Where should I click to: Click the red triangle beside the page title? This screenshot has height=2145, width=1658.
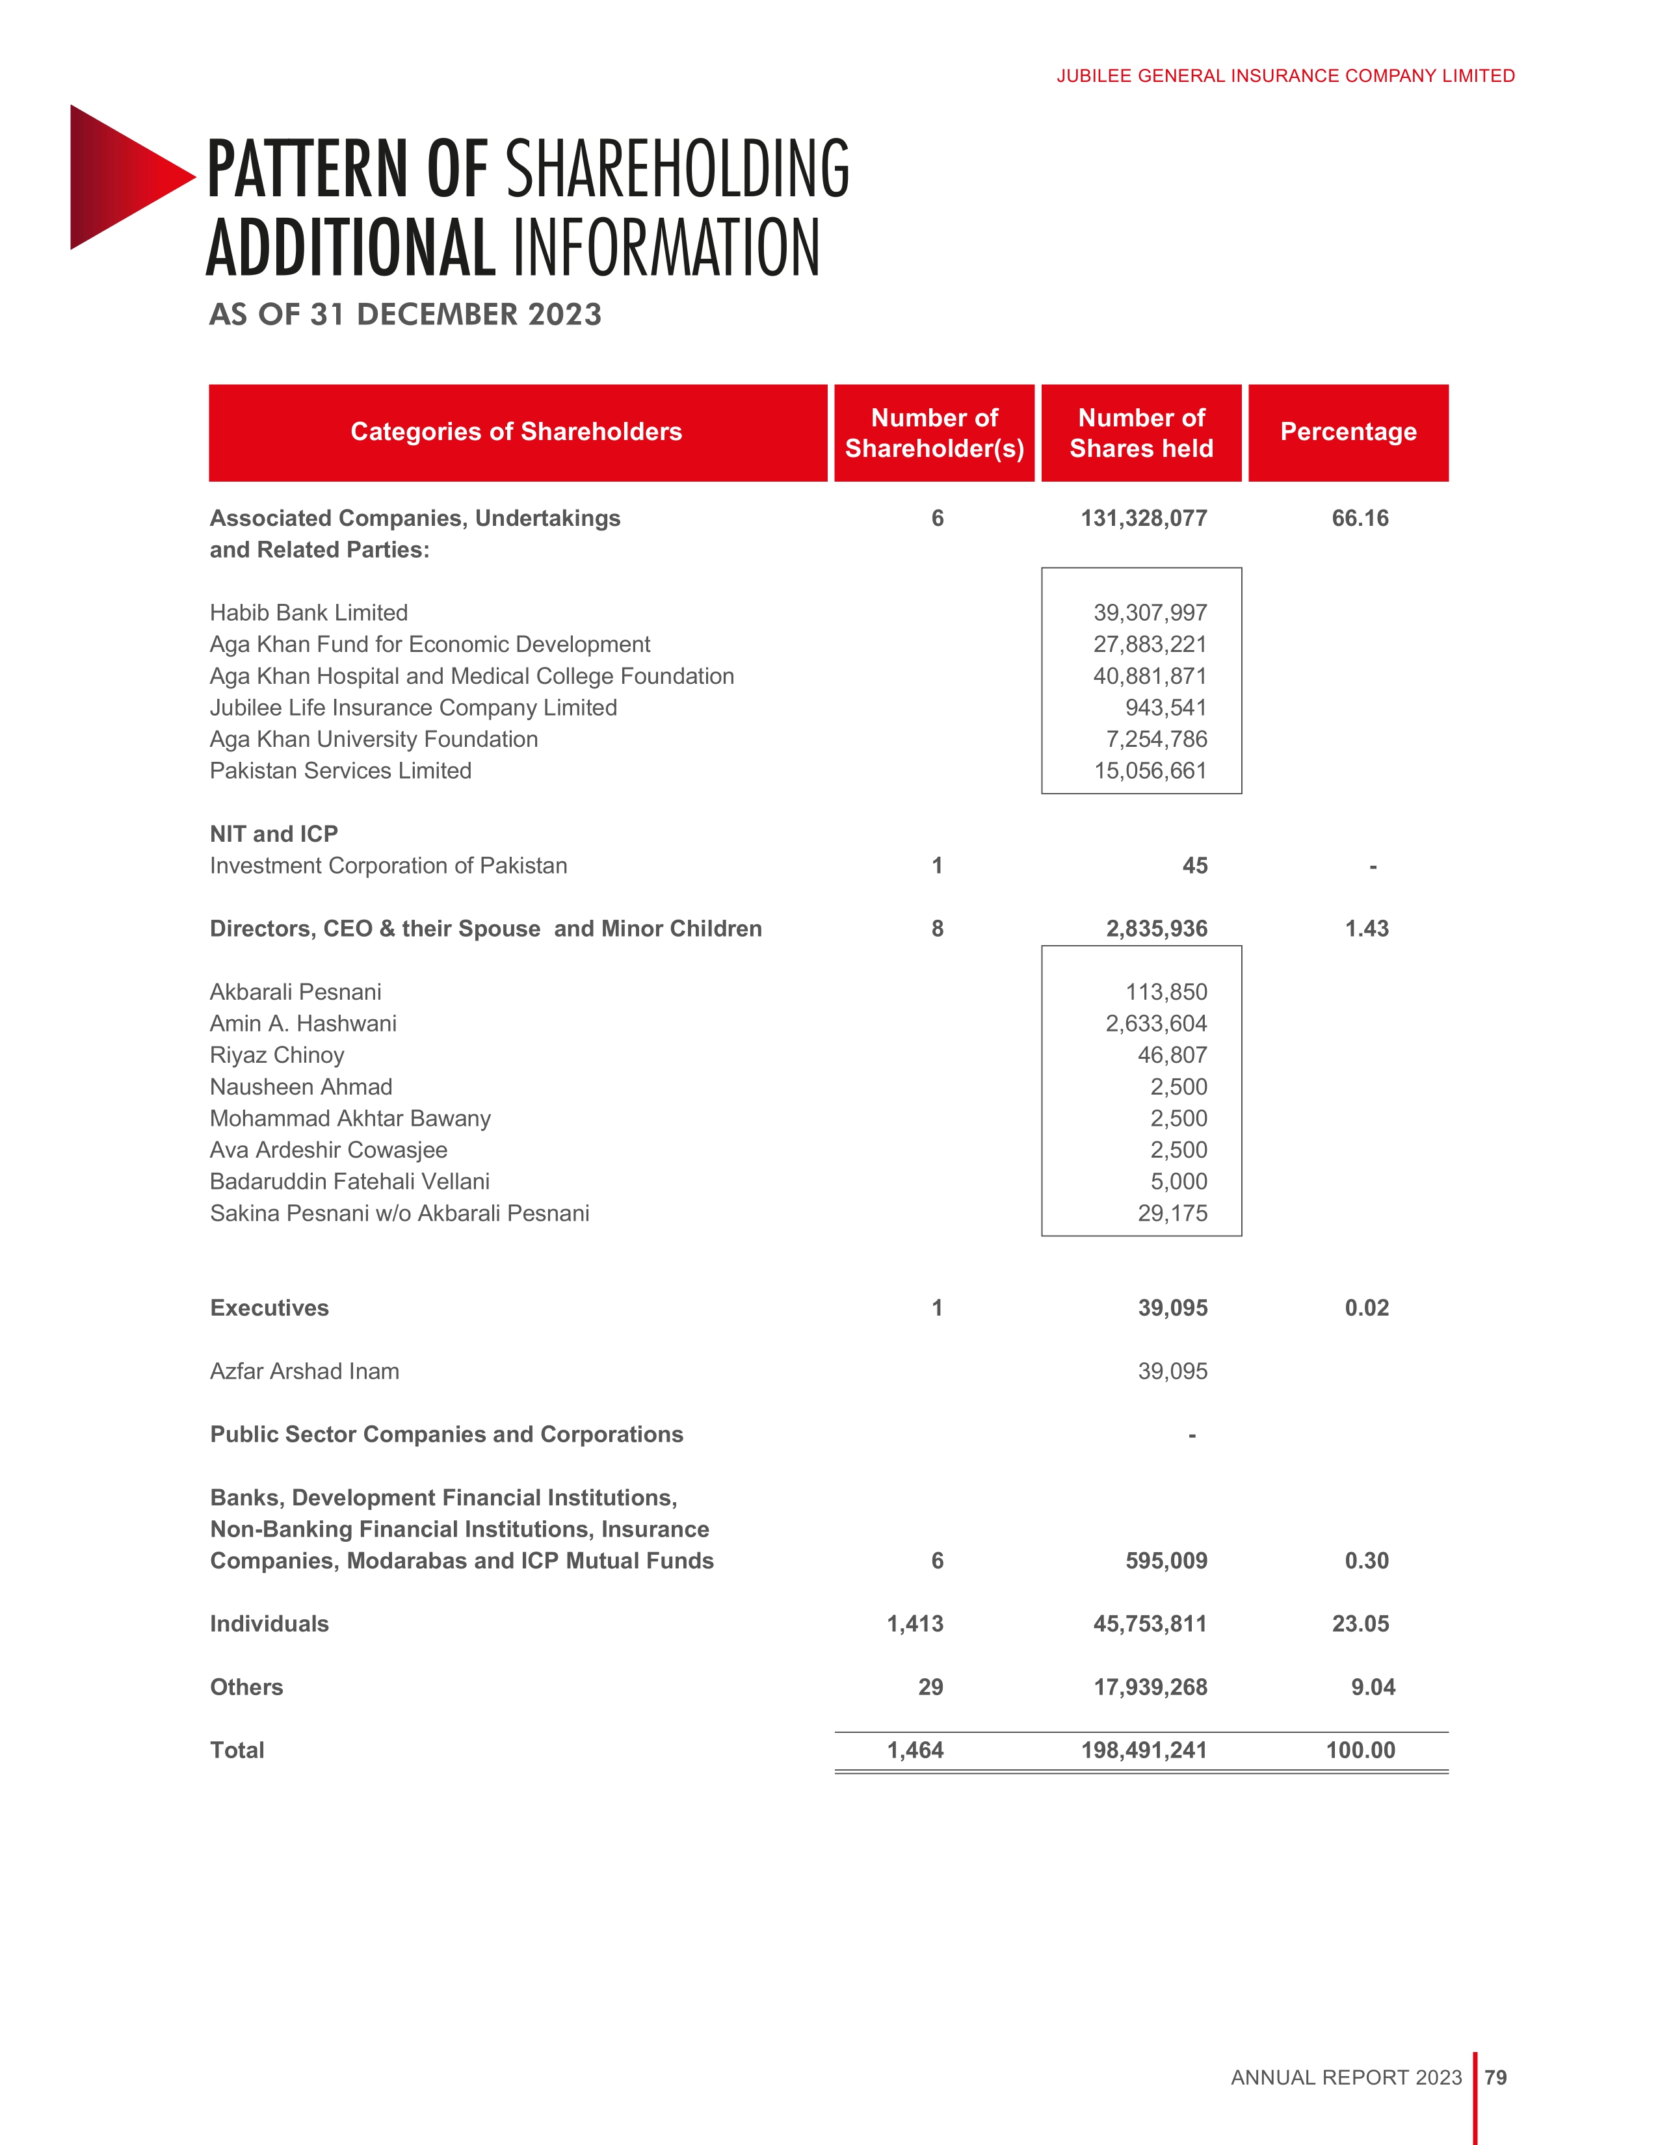click(x=123, y=177)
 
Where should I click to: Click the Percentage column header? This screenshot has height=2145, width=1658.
click(x=1348, y=432)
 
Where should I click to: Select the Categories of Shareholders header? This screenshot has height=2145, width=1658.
click(x=517, y=432)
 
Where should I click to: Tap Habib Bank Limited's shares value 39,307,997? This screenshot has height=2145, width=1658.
click(x=1150, y=613)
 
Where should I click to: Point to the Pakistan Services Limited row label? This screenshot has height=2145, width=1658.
click(x=341, y=771)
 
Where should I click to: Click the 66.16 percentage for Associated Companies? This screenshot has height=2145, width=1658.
click(x=1360, y=519)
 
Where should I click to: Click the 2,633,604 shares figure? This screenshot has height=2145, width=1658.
click(x=1156, y=1023)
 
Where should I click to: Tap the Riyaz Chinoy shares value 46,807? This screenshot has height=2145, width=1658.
click(x=1172, y=1055)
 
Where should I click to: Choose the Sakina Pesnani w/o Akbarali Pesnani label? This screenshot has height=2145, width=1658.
click(x=400, y=1213)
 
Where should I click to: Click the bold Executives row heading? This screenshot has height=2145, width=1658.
click(x=269, y=1308)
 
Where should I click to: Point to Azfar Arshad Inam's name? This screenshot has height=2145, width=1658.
click(x=304, y=1371)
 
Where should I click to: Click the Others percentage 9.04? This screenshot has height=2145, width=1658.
click(x=1372, y=1687)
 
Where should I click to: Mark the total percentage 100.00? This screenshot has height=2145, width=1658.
click(x=1360, y=1750)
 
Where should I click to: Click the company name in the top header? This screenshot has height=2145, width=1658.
click(x=1285, y=75)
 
